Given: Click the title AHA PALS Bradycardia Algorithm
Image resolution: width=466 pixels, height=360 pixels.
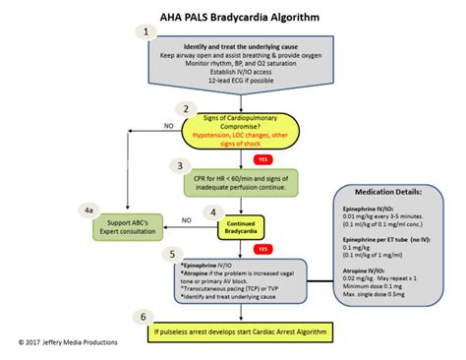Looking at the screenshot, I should coord(233,13).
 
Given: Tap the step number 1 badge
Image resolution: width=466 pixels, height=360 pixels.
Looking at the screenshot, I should coord(147,31).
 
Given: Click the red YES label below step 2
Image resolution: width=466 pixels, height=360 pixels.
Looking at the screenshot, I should coord(262,158).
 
